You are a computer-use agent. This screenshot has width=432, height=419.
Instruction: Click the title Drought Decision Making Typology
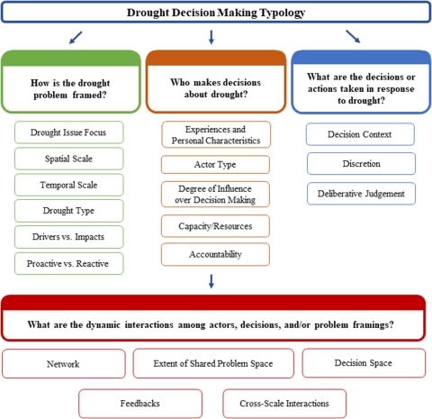[x=215, y=12]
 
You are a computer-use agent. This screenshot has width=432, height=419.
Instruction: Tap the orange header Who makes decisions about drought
[x=215, y=88]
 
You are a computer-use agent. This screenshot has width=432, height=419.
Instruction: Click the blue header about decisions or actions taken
[x=360, y=88]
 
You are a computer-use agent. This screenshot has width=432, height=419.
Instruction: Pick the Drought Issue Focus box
[x=69, y=132]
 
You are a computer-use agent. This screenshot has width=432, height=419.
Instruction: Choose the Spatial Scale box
[x=69, y=159]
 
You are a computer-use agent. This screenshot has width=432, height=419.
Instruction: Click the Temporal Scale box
[x=69, y=185]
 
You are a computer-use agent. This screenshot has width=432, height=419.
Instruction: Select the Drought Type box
[x=69, y=211]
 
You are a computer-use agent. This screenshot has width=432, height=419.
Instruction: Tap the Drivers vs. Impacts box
[x=69, y=237]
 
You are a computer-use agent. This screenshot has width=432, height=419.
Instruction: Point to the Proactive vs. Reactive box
[x=69, y=263]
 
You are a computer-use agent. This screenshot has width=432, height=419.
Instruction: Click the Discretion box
[x=361, y=163]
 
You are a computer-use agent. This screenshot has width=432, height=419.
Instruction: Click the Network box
[x=62, y=363]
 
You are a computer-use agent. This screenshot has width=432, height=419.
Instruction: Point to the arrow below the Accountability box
[x=211, y=281]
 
